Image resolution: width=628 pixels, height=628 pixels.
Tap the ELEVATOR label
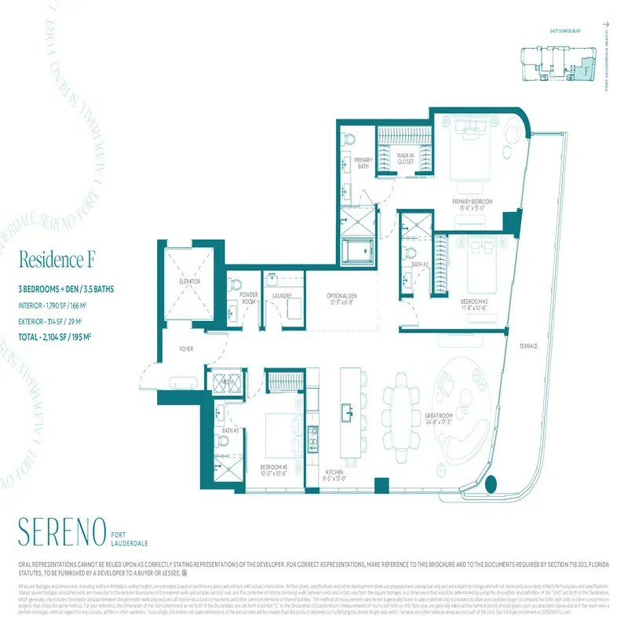pyautogui.click(x=190, y=280)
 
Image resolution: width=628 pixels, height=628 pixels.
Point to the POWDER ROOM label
pyautogui.click(x=249, y=298)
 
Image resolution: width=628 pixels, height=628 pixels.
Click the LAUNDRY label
pyautogui.click(x=282, y=296)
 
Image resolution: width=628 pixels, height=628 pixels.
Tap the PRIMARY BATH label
pyautogui.click(x=363, y=163)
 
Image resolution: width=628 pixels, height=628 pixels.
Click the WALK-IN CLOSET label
pyautogui.click(x=405, y=159)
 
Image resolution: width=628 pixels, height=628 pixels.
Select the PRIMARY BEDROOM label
pyautogui.click(x=472, y=205)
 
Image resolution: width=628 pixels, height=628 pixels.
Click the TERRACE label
pyautogui.click(x=528, y=346)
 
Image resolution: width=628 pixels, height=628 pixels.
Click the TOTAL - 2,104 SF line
pyautogui.click(x=66, y=337)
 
